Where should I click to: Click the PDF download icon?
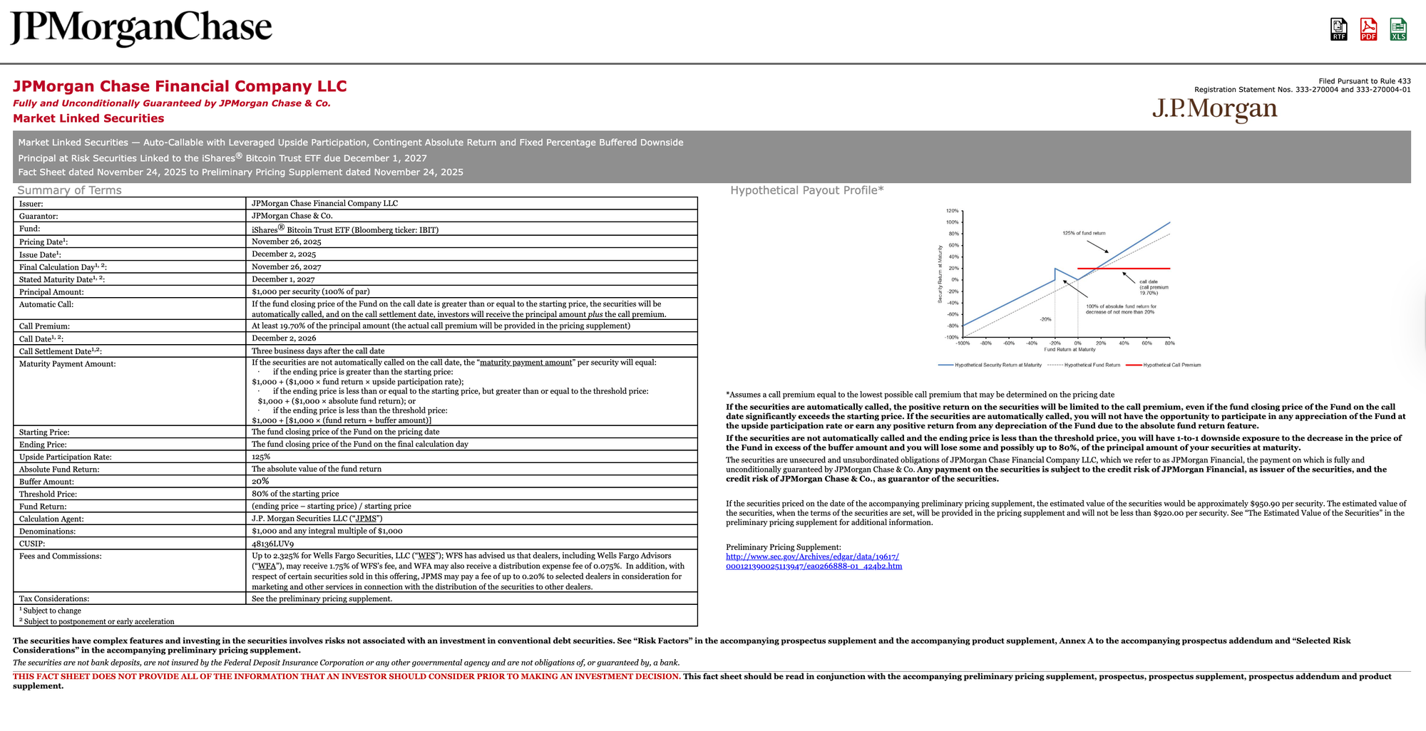[x=1368, y=29]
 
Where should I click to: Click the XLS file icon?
[x=1398, y=29]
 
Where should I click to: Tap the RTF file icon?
[x=1338, y=29]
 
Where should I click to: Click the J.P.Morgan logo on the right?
[x=1214, y=108]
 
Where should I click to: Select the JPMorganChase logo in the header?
[x=141, y=28]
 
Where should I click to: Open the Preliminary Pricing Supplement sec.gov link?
[x=814, y=561]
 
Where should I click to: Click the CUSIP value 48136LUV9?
[x=272, y=544]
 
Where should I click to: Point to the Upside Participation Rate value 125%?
[x=261, y=457]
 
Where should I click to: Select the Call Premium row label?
[x=44, y=326]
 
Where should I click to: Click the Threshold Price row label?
[x=48, y=494]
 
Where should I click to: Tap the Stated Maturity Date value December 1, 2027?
[x=283, y=279]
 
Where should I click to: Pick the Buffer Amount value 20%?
[x=260, y=482]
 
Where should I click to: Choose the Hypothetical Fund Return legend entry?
[x=1092, y=365]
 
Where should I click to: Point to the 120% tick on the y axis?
[x=952, y=211]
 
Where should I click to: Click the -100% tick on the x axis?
[x=963, y=343]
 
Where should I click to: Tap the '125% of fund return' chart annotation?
[x=1084, y=233]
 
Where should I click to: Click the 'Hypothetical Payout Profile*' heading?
[x=806, y=190]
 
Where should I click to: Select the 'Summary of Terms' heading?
[x=69, y=190]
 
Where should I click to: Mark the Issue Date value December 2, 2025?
[x=284, y=254]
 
